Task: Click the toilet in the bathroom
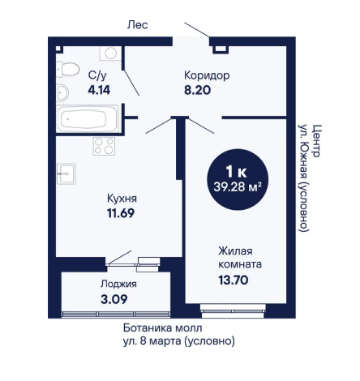coord(67,69)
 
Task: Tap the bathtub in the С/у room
coord(87,118)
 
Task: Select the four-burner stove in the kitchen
coord(104,146)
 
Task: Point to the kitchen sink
coord(66,173)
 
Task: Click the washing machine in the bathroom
coord(110,53)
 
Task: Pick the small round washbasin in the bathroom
coord(62,92)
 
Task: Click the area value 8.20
coord(197,90)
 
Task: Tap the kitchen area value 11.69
coord(121,213)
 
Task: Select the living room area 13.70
coord(234,280)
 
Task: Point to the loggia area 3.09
coord(114,299)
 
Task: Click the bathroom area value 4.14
coord(99,90)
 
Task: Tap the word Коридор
coord(207,75)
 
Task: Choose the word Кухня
coord(122,199)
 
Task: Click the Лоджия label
coord(118,285)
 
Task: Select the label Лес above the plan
coord(137,25)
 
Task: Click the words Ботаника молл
coord(163,328)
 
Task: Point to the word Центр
coord(316,140)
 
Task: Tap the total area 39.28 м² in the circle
coord(238,186)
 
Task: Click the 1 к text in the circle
coord(236,171)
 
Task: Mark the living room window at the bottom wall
coord(233,310)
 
